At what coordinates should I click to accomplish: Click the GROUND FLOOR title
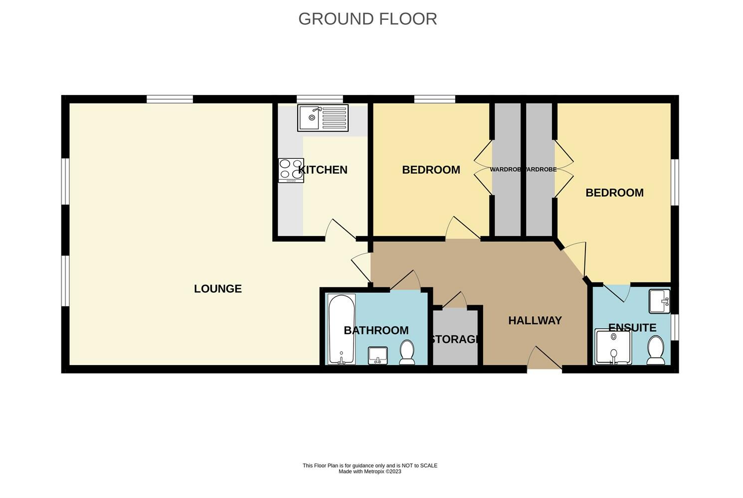tap(368, 19)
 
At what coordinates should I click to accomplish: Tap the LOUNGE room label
tap(217, 289)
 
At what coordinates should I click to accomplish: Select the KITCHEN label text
tap(323, 170)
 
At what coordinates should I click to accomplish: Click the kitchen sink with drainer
tap(323, 118)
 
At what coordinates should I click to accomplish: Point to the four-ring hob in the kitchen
tap(291, 170)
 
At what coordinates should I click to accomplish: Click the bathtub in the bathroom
tap(341, 329)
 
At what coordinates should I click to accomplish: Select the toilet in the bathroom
tap(407, 353)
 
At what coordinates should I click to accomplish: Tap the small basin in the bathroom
tap(378, 355)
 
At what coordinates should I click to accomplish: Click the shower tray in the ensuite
tap(613, 347)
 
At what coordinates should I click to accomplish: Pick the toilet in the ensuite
tap(656, 350)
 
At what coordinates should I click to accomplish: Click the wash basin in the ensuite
tap(660, 301)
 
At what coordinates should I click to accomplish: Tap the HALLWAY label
tap(535, 320)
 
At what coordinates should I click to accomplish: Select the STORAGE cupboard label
tap(455, 339)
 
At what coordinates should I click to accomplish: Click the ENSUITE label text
tap(632, 328)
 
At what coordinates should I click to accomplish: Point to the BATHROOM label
tap(376, 330)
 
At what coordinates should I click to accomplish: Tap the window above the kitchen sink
tap(320, 99)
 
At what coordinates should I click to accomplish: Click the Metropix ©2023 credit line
tap(370, 472)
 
